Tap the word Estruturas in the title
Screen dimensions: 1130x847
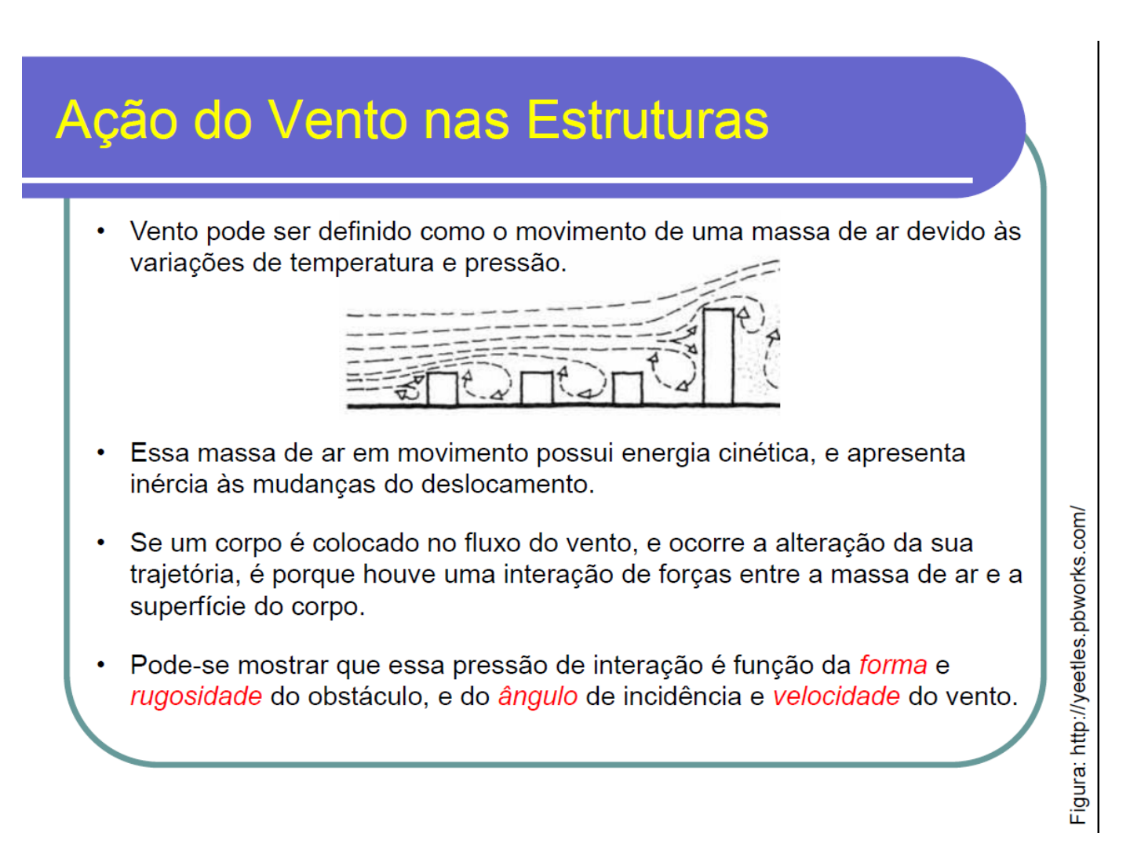coord(647,120)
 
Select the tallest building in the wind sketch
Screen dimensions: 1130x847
coord(718,357)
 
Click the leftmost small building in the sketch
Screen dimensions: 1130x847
coord(442,389)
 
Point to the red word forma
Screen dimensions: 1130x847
coord(893,665)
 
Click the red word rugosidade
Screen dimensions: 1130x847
coord(196,697)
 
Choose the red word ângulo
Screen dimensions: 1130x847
coord(538,697)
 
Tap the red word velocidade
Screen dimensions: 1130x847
coord(837,696)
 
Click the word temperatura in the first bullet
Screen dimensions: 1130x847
coord(362,264)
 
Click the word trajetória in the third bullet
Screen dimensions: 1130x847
coord(185,574)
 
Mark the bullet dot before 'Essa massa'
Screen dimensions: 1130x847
coord(101,453)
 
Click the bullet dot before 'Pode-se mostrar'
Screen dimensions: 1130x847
coord(101,665)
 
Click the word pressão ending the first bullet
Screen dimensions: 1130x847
coord(516,264)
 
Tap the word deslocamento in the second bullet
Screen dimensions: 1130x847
coord(508,485)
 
